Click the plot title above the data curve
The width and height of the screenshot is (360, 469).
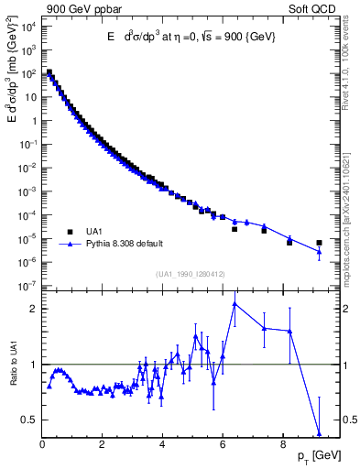coord(182,36)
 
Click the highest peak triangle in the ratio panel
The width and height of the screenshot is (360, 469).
coord(235,304)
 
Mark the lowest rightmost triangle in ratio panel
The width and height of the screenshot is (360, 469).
coord(320,434)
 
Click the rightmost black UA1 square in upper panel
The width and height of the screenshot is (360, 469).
coord(320,243)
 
